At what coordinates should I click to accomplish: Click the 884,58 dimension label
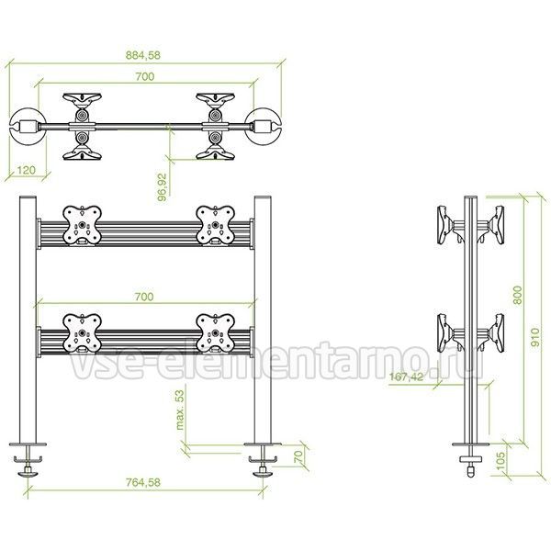143,55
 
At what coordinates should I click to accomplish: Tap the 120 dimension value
27,170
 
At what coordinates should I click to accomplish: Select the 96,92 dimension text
163,187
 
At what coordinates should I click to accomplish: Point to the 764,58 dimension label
143,482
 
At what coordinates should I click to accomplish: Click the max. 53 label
180,410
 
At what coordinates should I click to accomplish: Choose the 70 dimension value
298,456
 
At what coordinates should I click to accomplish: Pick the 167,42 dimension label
407,377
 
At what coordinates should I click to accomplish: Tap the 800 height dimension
518,295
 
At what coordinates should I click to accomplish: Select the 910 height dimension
534,337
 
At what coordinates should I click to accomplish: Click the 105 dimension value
501,460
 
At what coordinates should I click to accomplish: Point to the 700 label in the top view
145,76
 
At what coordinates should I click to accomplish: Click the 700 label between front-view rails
144,297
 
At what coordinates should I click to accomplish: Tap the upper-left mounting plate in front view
83,225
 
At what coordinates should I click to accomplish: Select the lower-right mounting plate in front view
216,333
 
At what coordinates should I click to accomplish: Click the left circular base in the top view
26,127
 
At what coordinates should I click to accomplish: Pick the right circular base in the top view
264,127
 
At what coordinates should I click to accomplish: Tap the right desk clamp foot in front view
263,459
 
